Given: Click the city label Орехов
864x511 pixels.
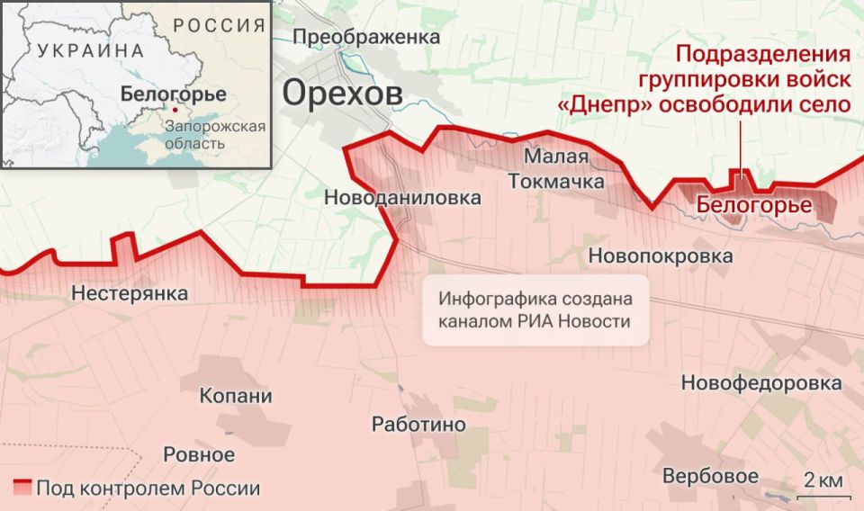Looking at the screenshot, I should click(342, 93).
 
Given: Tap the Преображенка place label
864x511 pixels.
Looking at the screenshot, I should click(366, 37).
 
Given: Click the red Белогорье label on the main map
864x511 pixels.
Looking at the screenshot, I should click(754, 206).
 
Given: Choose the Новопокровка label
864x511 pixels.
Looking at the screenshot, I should click(660, 256).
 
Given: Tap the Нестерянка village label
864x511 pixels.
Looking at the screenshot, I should click(130, 293).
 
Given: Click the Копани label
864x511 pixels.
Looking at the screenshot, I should click(236, 397).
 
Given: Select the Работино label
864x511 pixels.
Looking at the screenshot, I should click(418, 425).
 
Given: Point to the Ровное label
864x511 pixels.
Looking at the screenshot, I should click(199, 454).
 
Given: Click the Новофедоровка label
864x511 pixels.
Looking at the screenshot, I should click(760, 383).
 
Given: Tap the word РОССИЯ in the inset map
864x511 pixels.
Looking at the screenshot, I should click(220, 25).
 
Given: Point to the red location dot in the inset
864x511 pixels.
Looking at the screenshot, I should click(175, 110).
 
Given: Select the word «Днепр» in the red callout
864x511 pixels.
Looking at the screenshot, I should click(605, 103).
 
